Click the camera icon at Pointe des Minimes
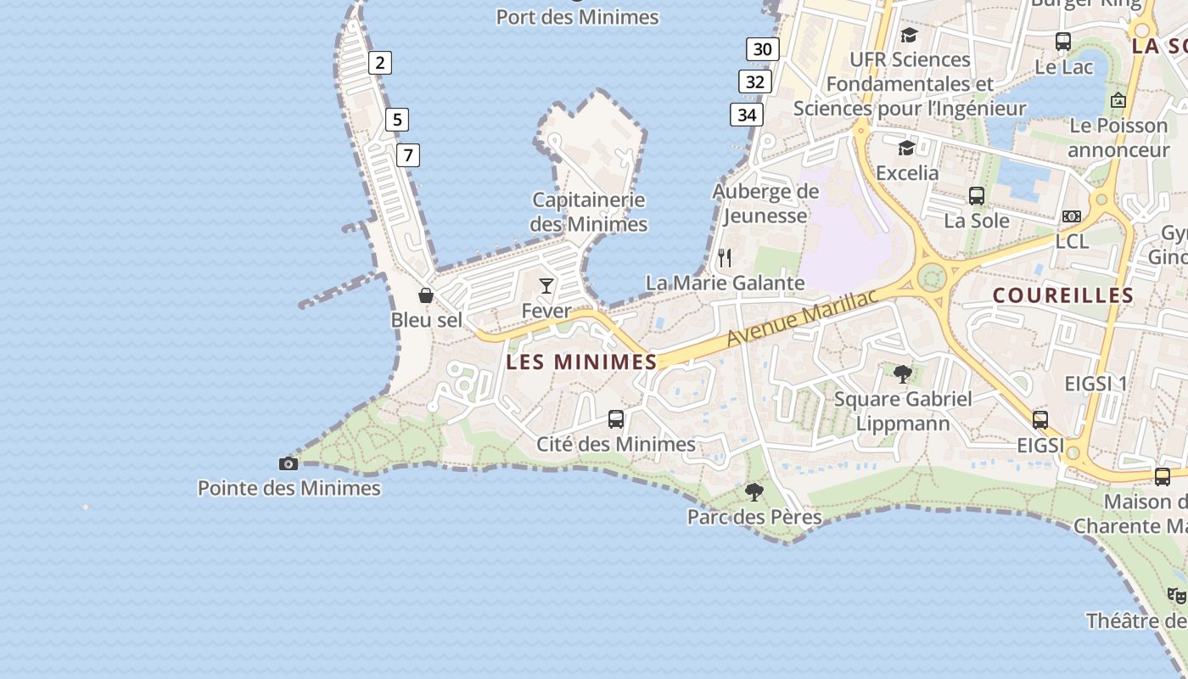(289, 463)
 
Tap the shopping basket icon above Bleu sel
(426, 295)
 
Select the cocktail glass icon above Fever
(546, 286)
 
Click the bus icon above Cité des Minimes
(616, 418)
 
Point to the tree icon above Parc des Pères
(754, 491)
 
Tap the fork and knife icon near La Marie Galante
(725, 257)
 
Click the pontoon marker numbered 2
(379, 62)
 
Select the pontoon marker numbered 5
(396, 119)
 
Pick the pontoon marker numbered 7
(408, 155)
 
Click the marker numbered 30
(763, 49)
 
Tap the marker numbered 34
(747, 115)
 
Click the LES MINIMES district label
(581, 362)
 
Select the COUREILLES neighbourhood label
(1062, 295)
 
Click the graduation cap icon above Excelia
(907, 149)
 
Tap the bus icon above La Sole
(977, 196)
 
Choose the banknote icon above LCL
(1072, 216)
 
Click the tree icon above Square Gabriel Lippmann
(903, 373)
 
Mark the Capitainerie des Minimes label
(589, 212)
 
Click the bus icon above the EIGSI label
(1040, 419)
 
